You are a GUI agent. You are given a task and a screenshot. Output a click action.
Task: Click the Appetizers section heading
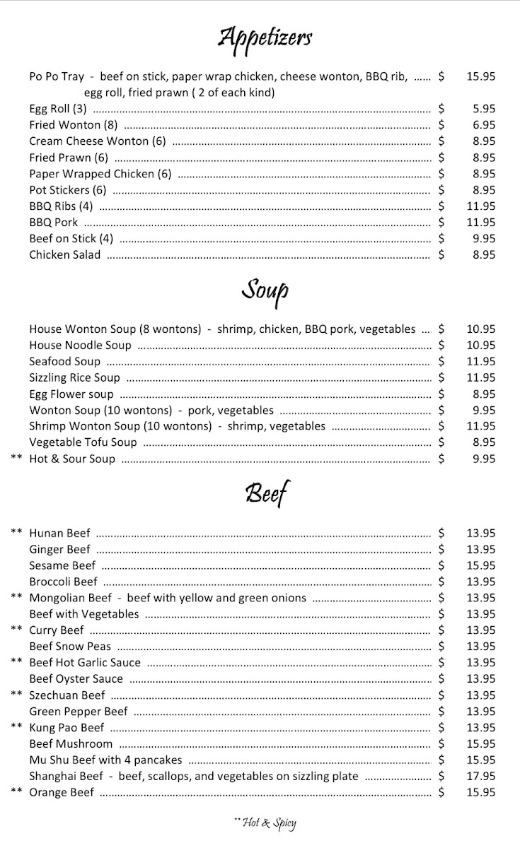click(265, 37)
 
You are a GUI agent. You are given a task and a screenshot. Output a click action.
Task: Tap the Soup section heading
click(265, 290)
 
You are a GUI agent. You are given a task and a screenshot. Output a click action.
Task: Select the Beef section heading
click(267, 493)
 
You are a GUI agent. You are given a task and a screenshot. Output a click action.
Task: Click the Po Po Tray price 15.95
click(480, 76)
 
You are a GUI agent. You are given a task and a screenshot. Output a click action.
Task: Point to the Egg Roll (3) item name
click(57, 109)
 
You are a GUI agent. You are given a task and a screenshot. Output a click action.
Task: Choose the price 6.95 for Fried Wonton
click(484, 125)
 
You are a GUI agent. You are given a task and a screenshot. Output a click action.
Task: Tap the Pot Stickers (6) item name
click(67, 190)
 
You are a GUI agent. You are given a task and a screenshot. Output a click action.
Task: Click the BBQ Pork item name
click(54, 223)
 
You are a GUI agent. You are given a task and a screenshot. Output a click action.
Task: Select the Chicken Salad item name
click(65, 255)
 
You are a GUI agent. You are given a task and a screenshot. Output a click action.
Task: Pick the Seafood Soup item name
click(65, 362)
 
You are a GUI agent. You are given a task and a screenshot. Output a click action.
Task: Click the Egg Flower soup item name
click(71, 394)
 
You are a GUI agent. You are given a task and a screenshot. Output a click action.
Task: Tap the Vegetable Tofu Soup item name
click(83, 443)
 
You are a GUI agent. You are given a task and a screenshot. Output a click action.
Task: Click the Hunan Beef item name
click(59, 534)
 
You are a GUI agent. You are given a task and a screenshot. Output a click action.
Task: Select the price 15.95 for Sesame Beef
click(480, 565)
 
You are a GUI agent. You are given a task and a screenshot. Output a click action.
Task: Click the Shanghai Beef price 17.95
click(480, 776)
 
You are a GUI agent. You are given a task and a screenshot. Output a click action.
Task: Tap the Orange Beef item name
click(62, 793)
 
